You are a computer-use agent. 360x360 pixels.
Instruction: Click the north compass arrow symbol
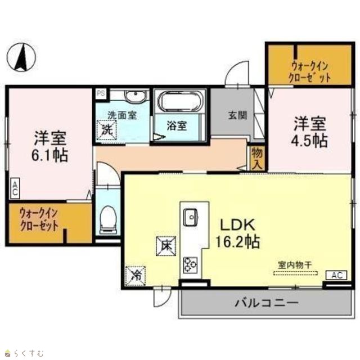point(21,57)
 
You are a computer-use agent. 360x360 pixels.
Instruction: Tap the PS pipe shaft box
point(101,94)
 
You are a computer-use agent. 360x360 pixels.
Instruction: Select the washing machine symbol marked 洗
point(106,130)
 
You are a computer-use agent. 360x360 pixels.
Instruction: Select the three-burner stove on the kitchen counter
point(191,265)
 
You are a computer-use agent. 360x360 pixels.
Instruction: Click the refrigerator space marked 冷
point(136,276)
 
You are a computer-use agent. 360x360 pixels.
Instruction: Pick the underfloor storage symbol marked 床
point(166,246)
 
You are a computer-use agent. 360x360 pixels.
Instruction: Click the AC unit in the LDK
point(336,275)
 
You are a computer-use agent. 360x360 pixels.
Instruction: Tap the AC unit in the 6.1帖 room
point(15,188)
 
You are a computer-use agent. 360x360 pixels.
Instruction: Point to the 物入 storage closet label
point(257,159)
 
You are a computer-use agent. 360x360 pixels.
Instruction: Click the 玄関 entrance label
point(237,115)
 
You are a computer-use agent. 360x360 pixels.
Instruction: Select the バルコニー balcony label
point(266,303)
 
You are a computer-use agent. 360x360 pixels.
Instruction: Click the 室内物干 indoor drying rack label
point(295,265)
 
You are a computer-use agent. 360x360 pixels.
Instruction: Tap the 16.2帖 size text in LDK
point(237,241)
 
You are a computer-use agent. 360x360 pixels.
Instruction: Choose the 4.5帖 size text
point(309,141)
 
